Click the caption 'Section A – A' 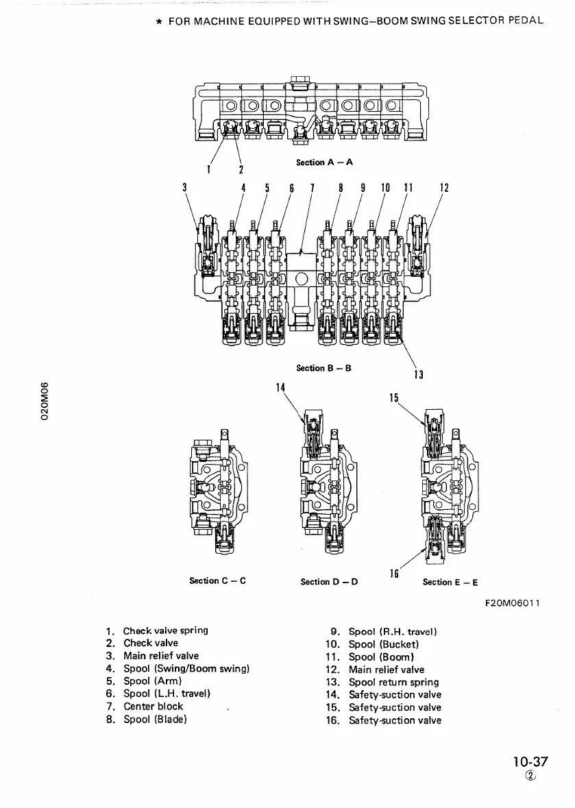point(324,162)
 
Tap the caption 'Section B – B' point(323,368)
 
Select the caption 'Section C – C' point(217,581)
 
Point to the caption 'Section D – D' point(329,582)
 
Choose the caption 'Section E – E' point(450,582)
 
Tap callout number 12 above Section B point(443,186)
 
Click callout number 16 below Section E point(394,573)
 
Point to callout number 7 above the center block point(313,186)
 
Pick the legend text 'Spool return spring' point(393,682)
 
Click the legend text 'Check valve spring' point(166,631)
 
